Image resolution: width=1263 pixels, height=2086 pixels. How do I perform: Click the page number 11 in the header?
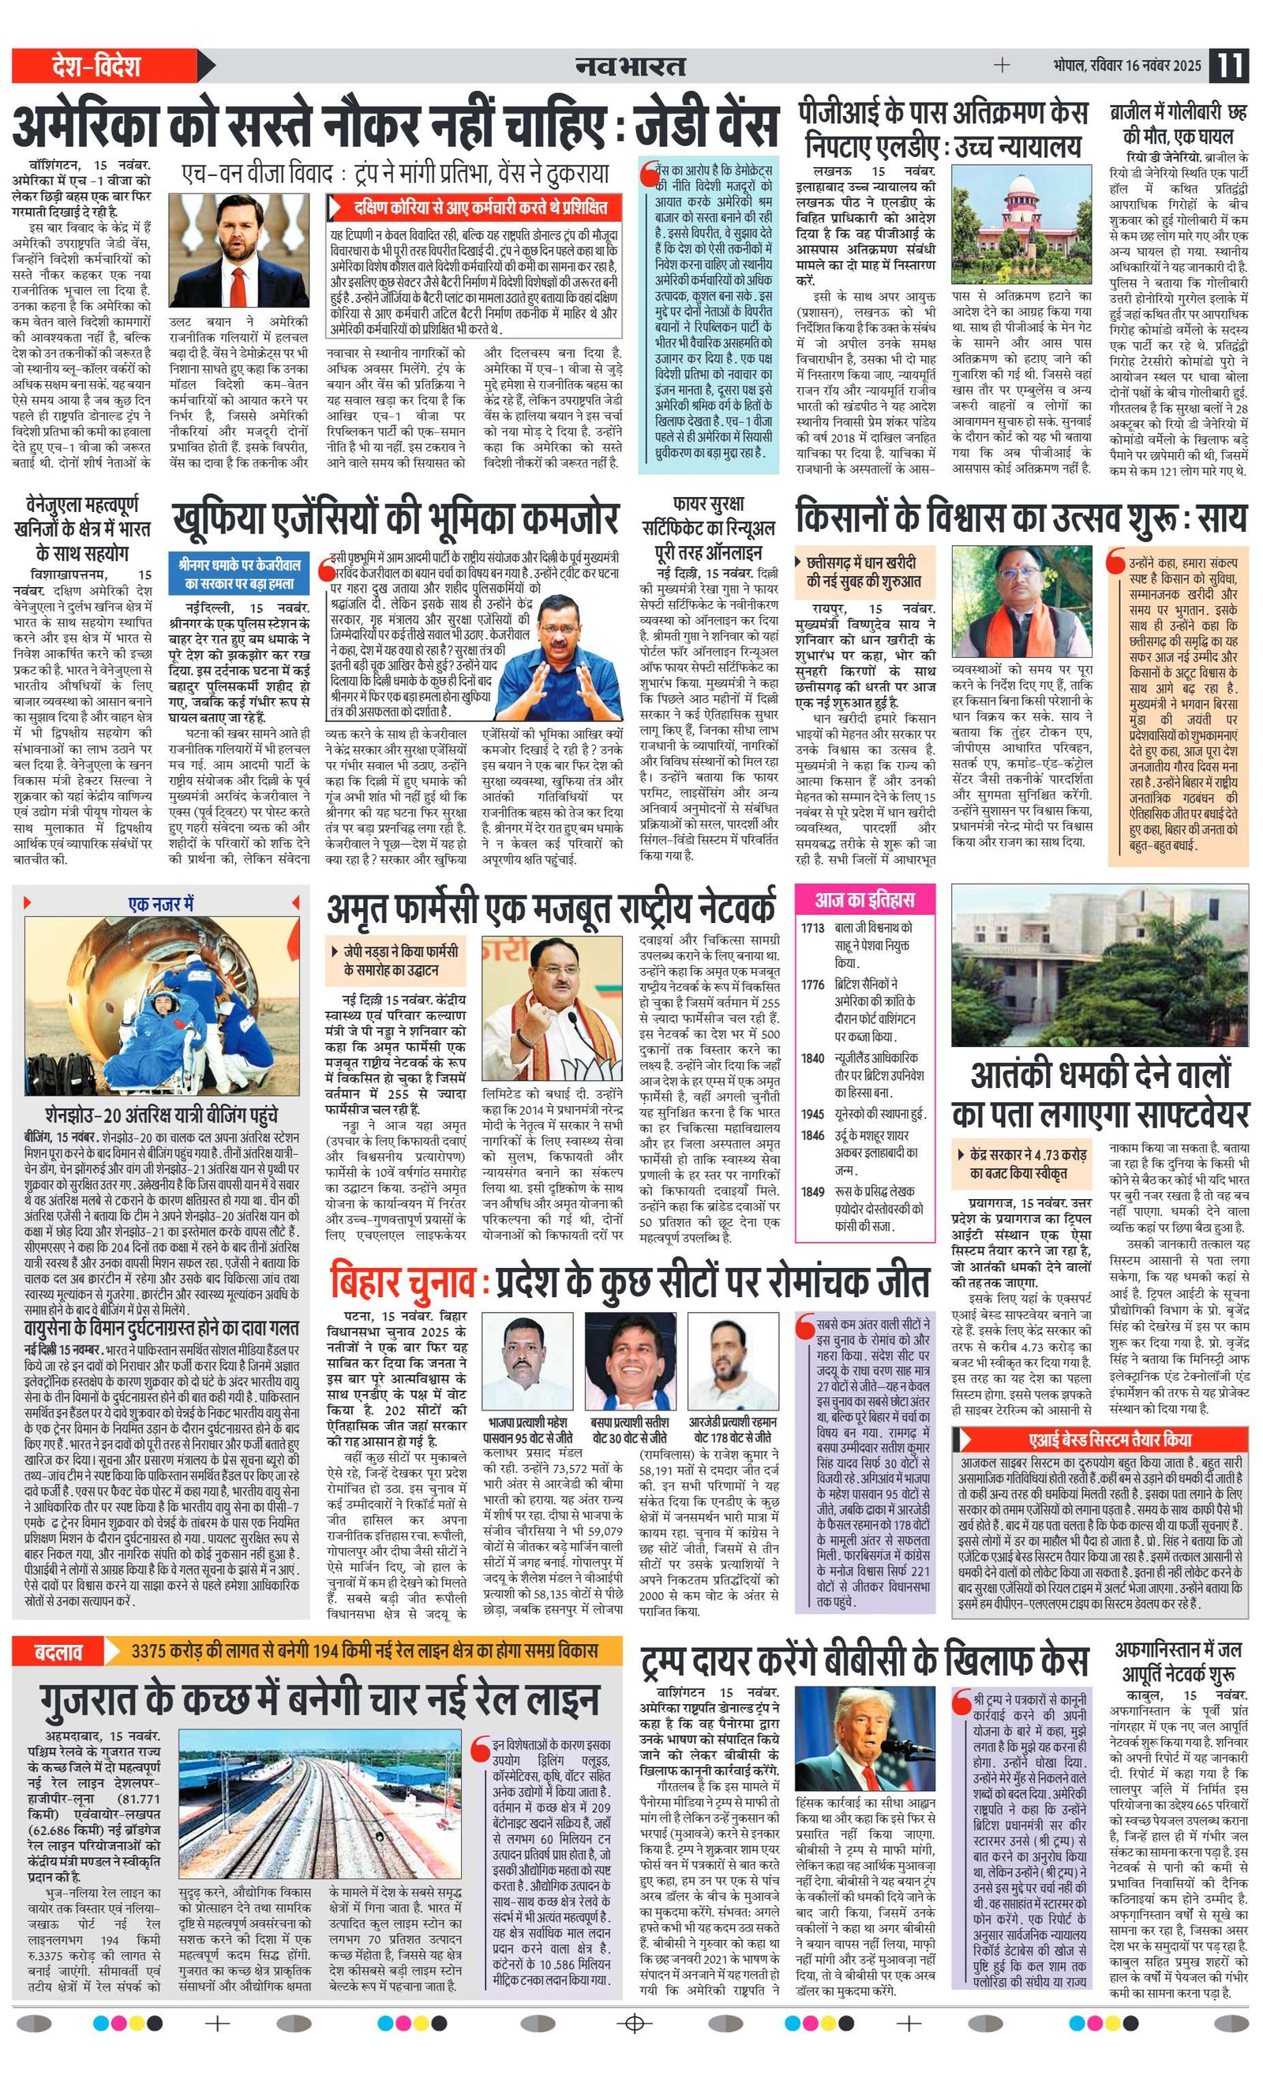[x=1229, y=66]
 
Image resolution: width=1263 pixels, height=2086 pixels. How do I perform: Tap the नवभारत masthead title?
[x=630, y=66]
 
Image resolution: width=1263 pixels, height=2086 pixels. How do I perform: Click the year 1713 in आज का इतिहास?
[x=812, y=928]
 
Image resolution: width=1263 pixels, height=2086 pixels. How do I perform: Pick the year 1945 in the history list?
[x=812, y=1113]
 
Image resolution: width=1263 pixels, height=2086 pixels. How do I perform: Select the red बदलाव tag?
[x=58, y=1650]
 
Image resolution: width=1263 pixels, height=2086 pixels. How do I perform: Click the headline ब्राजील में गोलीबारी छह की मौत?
[x=1179, y=124]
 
